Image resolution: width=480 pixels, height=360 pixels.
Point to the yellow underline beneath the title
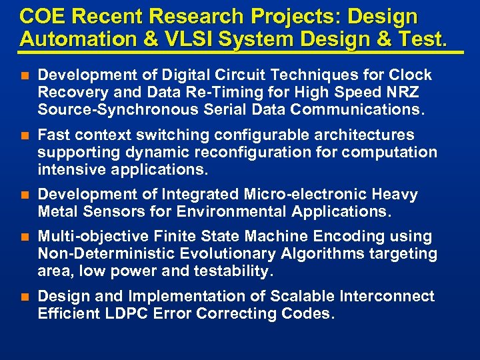point(241,52)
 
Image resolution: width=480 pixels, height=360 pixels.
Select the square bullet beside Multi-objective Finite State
point(25,237)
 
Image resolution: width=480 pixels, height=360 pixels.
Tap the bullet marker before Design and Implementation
point(25,297)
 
